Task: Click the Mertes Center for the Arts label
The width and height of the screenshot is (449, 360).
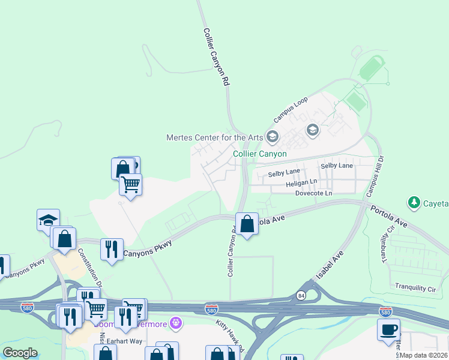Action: click(214, 137)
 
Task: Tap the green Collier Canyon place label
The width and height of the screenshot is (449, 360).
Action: click(259, 154)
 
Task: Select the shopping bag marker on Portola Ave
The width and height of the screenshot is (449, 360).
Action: click(247, 224)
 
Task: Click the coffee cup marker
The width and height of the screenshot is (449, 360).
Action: click(388, 329)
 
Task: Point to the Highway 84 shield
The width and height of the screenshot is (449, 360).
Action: click(300, 295)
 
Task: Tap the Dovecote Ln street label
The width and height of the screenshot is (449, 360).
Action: click(313, 193)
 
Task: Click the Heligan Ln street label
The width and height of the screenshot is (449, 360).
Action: click(301, 182)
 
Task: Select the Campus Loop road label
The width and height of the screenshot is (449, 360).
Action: click(291, 108)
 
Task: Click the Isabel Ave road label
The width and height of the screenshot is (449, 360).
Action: click(329, 266)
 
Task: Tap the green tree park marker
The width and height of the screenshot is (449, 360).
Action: click(414, 203)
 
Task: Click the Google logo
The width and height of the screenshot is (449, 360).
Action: click(20, 353)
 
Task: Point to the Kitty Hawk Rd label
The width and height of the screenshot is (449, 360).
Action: click(230, 336)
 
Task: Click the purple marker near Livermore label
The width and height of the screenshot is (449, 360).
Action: click(175, 323)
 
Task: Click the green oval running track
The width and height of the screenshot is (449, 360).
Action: click(372, 68)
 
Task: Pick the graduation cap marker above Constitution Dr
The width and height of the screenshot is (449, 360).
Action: click(48, 220)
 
